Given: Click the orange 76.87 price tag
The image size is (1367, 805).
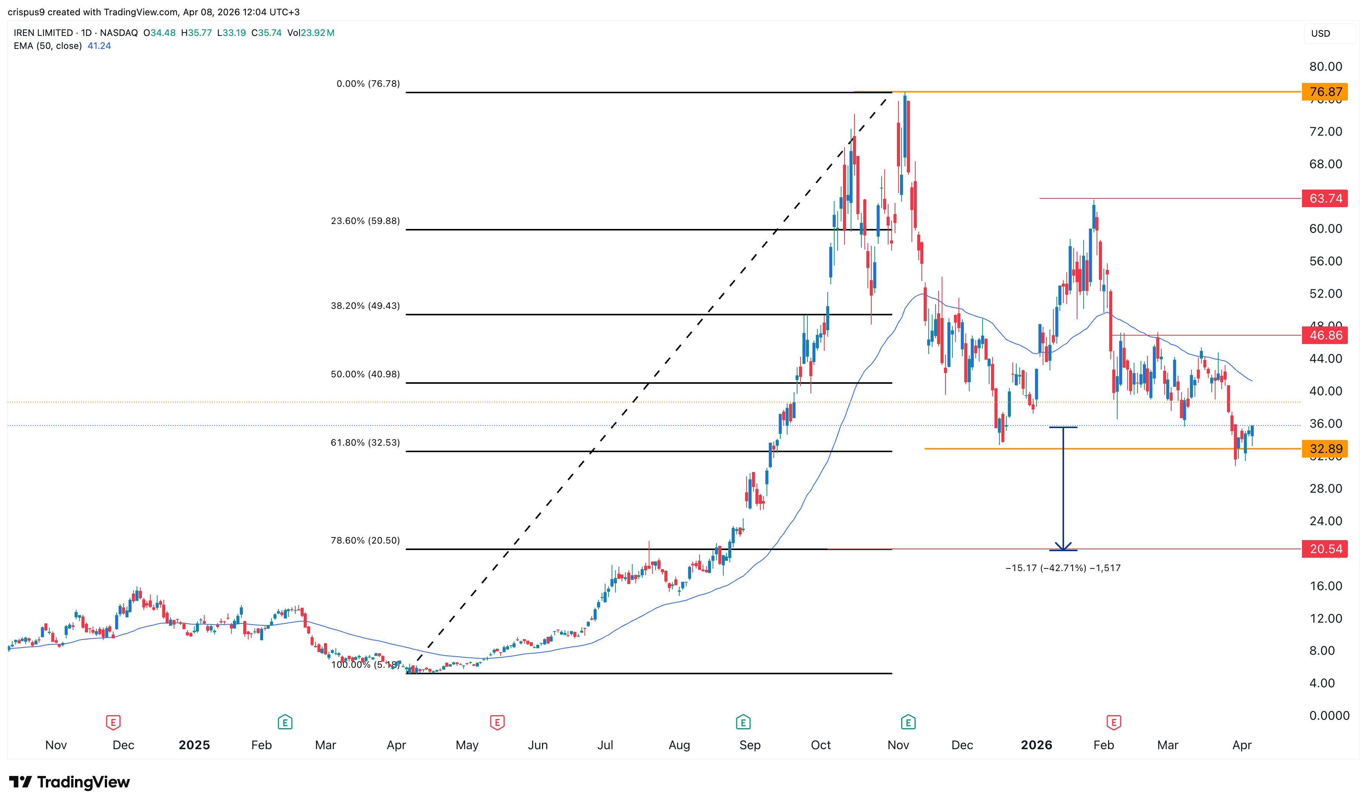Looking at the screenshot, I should coord(1324,92).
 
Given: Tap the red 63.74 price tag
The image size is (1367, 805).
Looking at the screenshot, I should coord(1324,198).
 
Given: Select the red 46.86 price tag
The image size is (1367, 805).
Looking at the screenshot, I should coord(1324,335).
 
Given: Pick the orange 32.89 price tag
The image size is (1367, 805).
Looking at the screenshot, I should coord(1324,449).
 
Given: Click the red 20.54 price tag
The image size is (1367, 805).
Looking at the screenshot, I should coord(1324,549).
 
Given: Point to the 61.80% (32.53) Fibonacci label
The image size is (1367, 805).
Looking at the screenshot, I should coord(365,443).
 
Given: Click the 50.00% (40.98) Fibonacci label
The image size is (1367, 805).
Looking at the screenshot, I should coord(365,374).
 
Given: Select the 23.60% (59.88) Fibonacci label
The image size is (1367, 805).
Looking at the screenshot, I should coord(365,221).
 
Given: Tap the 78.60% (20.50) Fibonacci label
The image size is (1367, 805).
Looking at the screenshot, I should coord(365,540).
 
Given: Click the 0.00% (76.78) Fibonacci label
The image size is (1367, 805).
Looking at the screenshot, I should coord(368,84).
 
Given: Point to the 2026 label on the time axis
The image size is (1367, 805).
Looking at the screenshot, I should coord(1036,745).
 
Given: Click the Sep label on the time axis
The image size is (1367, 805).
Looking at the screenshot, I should coord(749,745).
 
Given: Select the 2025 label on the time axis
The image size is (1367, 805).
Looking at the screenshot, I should coord(194,745).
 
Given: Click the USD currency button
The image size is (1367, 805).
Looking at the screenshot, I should coord(1320,34).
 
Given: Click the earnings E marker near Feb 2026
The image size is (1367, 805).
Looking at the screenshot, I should coord(1113,722).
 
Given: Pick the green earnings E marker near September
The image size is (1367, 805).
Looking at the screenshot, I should coord(743,722).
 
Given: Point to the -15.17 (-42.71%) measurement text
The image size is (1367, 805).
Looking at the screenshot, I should coord(1063,568).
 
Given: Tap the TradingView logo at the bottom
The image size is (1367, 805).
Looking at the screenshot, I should coord(70,782).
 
